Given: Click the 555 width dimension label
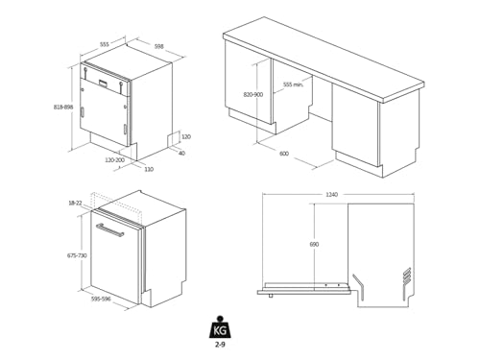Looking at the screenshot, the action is pos(105,44).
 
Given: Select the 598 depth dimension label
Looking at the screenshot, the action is pos(158,46).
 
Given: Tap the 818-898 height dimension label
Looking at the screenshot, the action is pos(63,107).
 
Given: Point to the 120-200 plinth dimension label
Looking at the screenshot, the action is pos(114,160).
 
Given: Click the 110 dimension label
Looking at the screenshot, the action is pos(149,169).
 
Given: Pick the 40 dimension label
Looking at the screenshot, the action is pos(181,153).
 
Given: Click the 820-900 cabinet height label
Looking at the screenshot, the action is pos(253,94).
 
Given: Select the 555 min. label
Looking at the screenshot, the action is pos(293,84).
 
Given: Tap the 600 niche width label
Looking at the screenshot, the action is pos(284,154).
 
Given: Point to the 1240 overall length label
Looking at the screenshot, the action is pos(331,194).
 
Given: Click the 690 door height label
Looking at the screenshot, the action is pos(314,244).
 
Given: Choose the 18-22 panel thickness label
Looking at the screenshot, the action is pos(75,203).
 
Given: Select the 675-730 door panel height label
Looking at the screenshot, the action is pos(77,255).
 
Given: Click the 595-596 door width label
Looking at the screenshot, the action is pos(101,299).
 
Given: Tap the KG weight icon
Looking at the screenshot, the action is pos(220,327).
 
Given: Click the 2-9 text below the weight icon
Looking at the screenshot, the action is pos(220,345).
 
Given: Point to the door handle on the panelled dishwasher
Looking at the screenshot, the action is pos(109,229).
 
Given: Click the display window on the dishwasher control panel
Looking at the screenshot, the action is pos(103,83).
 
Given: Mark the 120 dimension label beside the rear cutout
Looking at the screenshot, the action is pos(186,136).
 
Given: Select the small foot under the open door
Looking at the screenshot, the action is pos(271,296).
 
